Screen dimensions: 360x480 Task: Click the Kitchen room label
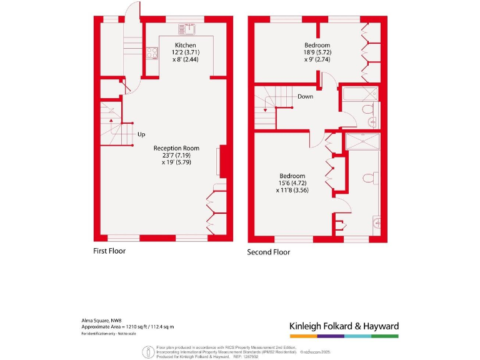click(x=186, y=46)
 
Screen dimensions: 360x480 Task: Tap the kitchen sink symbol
click(x=187, y=28)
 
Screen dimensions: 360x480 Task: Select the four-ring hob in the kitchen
click(x=152, y=54)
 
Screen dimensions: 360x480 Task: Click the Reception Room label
click(x=176, y=148)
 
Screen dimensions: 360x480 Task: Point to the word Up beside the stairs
click(x=141, y=134)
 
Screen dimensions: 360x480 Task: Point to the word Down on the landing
click(x=305, y=97)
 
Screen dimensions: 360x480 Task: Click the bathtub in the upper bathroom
click(x=359, y=95)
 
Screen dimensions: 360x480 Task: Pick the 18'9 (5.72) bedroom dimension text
click(x=317, y=52)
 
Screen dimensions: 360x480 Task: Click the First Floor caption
click(x=109, y=251)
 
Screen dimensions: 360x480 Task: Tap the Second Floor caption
click(x=269, y=252)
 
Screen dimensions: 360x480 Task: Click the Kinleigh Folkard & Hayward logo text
click(x=344, y=326)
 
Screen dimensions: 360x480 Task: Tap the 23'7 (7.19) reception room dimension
click(x=176, y=155)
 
